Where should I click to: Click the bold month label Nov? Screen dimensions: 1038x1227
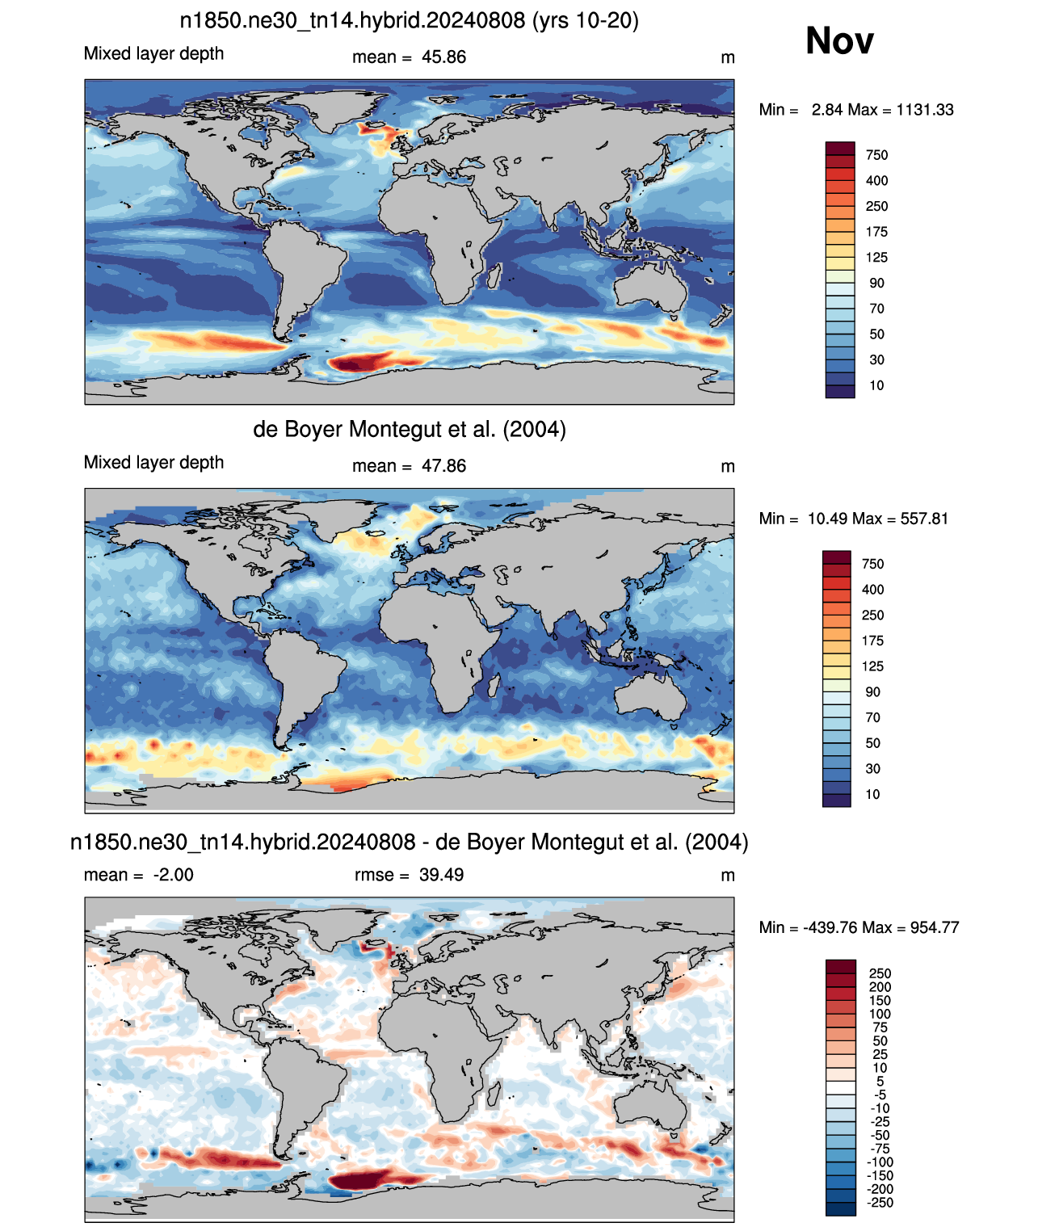pos(839,41)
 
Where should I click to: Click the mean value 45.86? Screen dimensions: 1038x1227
pos(444,57)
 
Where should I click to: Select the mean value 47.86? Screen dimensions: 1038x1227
pos(444,466)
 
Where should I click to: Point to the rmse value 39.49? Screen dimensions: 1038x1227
pos(442,875)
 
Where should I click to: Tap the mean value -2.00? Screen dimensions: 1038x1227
pos(174,875)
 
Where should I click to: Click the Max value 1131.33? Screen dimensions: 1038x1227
pos(925,110)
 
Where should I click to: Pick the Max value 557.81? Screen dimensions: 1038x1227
pos(924,519)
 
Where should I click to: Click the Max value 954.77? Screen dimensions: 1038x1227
pos(935,928)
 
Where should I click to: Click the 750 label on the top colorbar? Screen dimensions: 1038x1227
pos(876,156)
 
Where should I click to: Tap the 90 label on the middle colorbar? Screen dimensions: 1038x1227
pos(872,692)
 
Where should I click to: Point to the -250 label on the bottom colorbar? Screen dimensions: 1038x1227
pos(880,1204)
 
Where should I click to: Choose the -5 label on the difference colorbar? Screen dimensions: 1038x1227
pos(880,1095)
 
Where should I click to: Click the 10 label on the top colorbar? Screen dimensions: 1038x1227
pos(876,386)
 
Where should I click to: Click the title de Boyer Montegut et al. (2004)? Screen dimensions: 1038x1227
pos(410,429)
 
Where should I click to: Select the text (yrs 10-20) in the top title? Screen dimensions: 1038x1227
pos(586,21)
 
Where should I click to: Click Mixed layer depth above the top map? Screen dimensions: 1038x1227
pos(153,53)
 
